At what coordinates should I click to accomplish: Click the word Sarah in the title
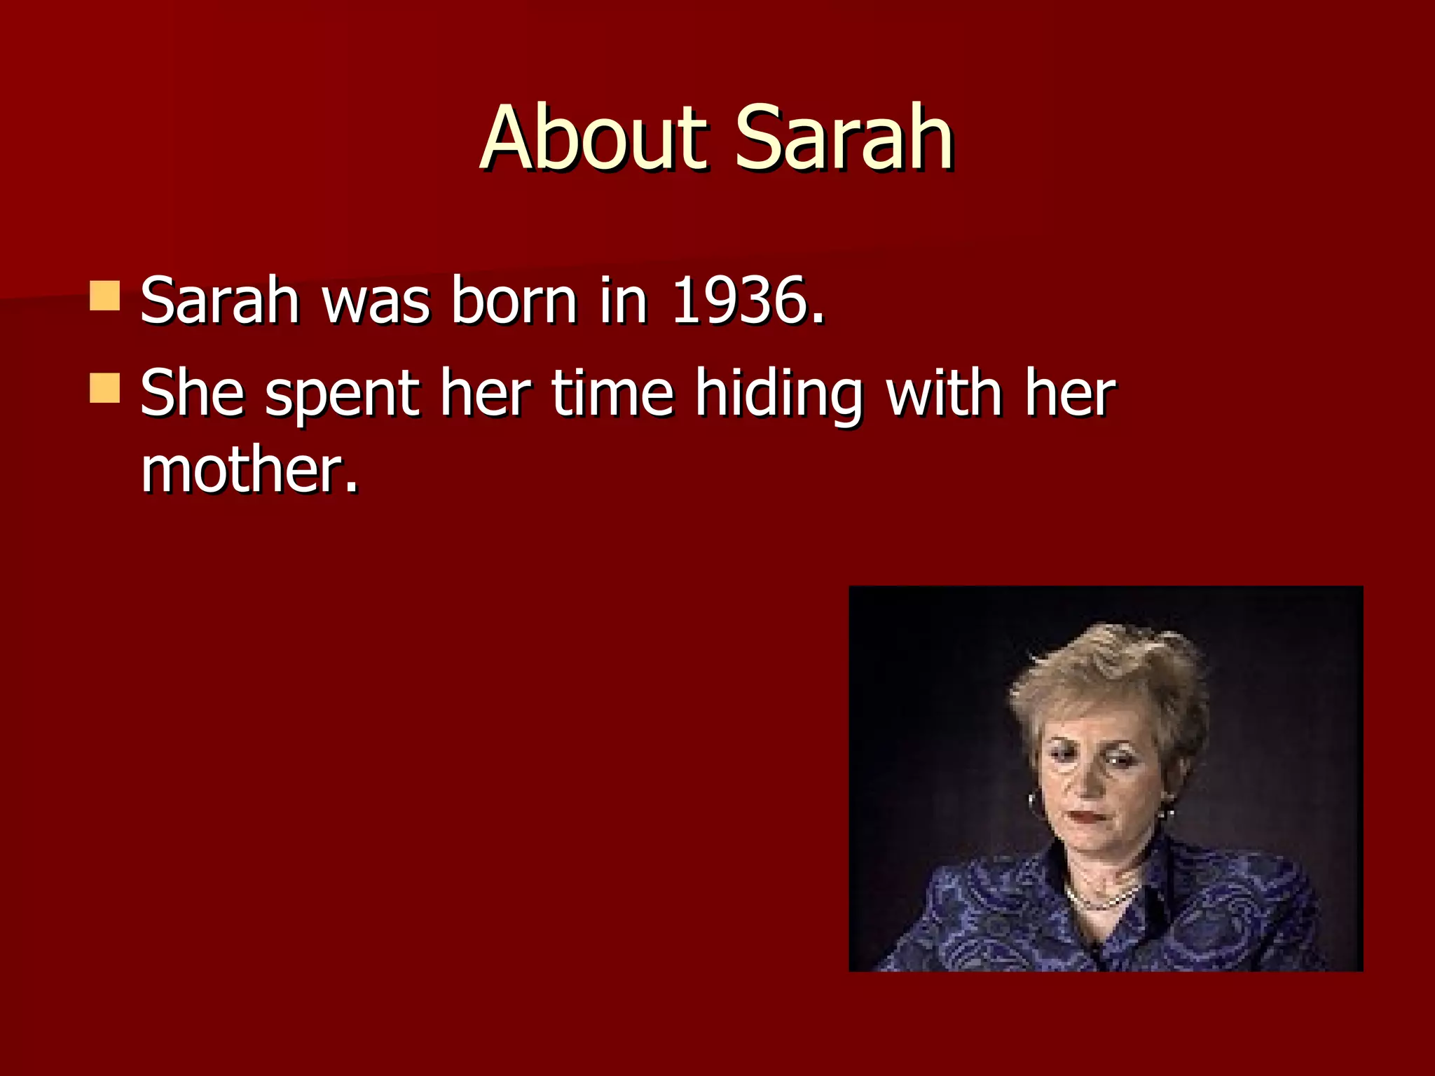pos(844,138)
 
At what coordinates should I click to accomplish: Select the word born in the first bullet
pos(514,301)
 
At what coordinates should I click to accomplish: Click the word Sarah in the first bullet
pos(220,301)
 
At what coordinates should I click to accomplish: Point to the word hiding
pos(778,394)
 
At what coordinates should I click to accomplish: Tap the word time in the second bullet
pos(612,394)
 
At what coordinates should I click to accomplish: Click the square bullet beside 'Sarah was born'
pos(105,296)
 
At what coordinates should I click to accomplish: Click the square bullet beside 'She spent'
pos(105,388)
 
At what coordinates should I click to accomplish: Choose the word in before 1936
pos(623,301)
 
